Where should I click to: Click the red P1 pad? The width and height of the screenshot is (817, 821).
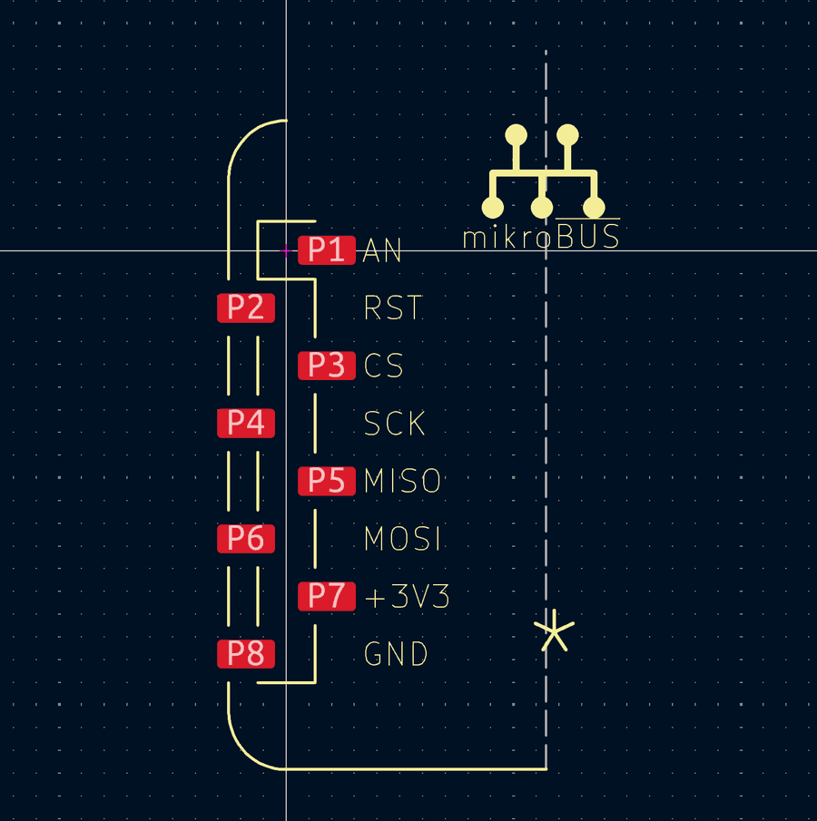[x=326, y=249]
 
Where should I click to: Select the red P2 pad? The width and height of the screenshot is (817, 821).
[x=245, y=308]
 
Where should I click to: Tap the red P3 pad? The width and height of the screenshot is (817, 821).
[x=326, y=366]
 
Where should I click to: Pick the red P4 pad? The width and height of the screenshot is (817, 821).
[x=245, y=423]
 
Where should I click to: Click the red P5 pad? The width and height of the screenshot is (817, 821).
[x=326, y=481]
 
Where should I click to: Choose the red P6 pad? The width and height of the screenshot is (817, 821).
[x=245, y=539]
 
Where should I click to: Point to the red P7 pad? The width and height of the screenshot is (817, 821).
[x=326, y=596]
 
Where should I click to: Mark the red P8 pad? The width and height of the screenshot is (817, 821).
[x=245, y=653]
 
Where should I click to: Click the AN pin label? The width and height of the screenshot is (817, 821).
[x=382, y=251]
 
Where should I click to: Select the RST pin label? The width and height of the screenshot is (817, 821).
[x=393, y=308]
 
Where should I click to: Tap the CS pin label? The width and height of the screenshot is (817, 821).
[x=383, y=367]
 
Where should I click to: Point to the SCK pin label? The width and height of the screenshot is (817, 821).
[x=395, y=424]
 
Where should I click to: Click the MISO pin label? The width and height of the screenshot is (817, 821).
[x=402, y=481]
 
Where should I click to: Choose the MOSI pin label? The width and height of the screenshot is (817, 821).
[x=402, y=539]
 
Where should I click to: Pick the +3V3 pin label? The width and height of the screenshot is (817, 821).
[x=407, y=597]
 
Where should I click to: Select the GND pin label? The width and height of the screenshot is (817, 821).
[x=396, y=654]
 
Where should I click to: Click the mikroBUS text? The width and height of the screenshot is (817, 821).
[x=541, y=237]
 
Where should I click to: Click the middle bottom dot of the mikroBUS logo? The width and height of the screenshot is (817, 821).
[x=542, y=209]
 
